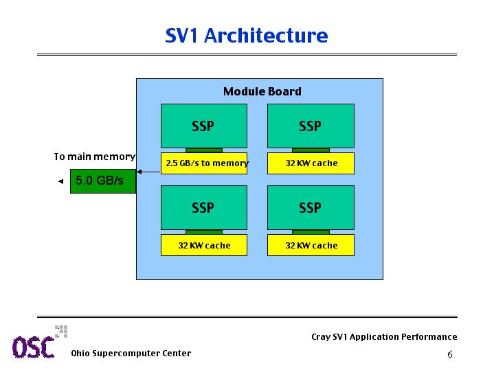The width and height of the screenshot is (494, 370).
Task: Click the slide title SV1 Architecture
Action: tap(247, 35)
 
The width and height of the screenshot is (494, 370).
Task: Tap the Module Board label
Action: tap(262, 91)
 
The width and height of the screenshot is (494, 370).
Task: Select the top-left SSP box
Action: tap(204, 126)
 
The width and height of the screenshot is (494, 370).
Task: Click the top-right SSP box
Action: tap(311, 126)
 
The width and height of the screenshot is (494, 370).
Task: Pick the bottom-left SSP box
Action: tap(204, 207)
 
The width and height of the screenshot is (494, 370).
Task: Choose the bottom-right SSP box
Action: tap(311, 207)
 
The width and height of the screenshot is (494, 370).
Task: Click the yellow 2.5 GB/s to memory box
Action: tap(204, 163)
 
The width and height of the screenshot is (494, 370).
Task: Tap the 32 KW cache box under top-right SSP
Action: tap(311, 163)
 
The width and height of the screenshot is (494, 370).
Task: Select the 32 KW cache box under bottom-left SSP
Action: tap(204, 245)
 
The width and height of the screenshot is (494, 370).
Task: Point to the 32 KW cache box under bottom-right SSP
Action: tap(311, 245)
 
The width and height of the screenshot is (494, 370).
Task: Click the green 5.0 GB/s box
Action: tap(103, 181)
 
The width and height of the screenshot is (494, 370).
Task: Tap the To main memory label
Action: tap(95, 157)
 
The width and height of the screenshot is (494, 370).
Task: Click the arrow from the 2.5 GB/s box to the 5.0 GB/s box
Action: tap(148, 172)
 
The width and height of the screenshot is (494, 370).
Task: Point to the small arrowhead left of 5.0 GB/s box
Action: tap(60, 181)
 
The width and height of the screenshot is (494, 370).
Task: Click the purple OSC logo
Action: tap(33, 347)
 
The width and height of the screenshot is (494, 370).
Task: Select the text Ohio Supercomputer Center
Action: tap(131, 354)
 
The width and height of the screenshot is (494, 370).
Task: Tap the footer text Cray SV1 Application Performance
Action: tap(384, 337)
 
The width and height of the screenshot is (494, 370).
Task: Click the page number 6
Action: tap(450, 355)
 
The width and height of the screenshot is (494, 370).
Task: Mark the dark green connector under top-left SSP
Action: tap(204, 150)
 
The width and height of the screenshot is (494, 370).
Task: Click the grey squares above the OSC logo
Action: tap(61, 332)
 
